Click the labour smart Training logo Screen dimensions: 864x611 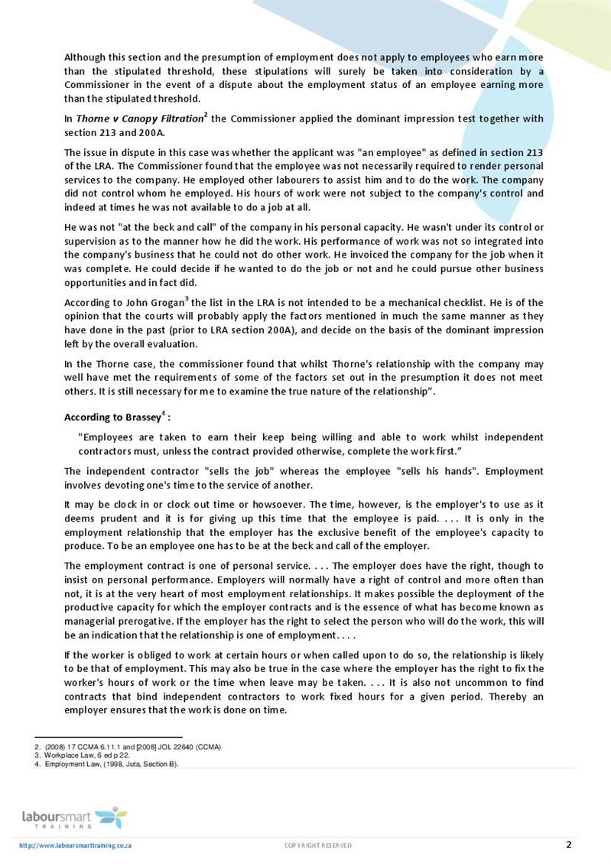point(74,817)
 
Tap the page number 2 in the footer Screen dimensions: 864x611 point(568,844)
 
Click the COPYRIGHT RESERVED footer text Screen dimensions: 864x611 point(318,845)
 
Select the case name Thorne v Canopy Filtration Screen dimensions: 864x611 point(140,119)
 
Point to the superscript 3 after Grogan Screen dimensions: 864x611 point(187,299)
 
